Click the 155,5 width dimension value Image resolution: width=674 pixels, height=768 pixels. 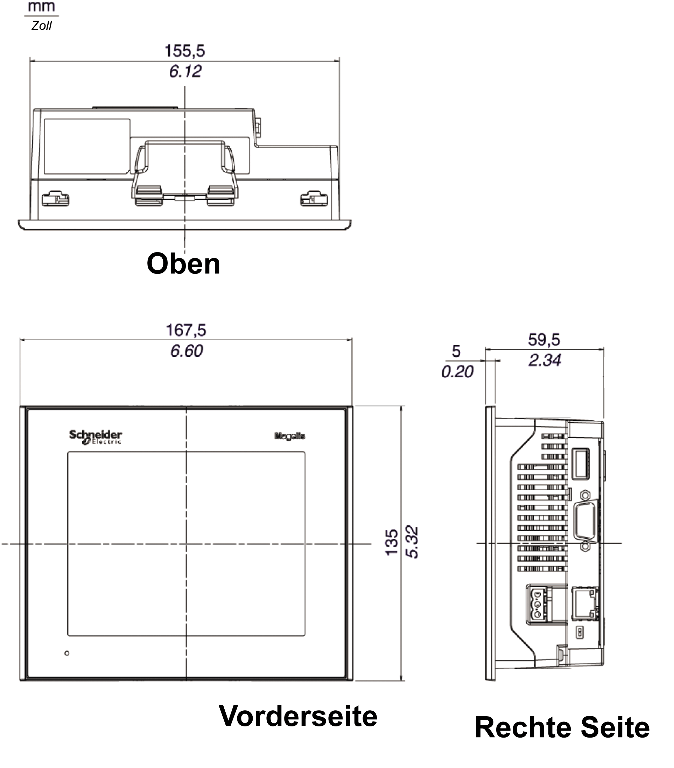tap(185, 51)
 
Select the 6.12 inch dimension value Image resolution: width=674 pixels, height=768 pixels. tap(185, 71)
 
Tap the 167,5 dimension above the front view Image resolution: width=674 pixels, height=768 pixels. tap(186, 330)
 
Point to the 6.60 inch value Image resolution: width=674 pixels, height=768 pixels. tap(187, 351)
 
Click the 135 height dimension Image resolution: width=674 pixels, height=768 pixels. tap(392, 542)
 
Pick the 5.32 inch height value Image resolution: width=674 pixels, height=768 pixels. tap(412, 542)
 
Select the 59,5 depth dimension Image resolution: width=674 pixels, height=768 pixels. tap(544, 340)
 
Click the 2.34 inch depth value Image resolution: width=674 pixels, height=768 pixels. tap(545, 360)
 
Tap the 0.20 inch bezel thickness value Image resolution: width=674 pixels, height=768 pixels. tap(457, 372)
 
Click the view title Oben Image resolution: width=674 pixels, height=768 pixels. tap(183, 264)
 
